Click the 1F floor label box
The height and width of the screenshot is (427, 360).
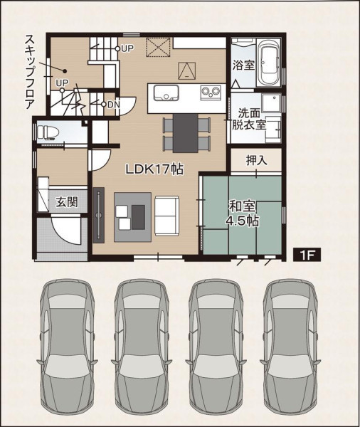(307, 255)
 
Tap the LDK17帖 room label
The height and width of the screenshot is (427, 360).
(154, 169)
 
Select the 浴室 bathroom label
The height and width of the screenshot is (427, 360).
(244, 65)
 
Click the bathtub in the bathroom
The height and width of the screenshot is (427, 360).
(268, 63)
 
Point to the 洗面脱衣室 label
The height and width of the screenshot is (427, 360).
(249, 119)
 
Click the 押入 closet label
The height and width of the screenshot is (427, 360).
(256, 160)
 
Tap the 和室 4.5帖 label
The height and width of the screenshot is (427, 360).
(243, 213)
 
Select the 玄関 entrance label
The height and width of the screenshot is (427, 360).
(67, 202)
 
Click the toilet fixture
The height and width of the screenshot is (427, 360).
(48, 132)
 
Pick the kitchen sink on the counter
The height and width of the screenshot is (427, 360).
(166, 93)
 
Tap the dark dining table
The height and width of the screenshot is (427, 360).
(186, 133)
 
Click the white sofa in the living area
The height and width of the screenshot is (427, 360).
(167, 216)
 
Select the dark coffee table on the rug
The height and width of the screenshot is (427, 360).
(138, 217)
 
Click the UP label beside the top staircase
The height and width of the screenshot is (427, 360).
(127, 48)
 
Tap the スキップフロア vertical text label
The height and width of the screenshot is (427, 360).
(30, 72)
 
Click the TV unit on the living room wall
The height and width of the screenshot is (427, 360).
(99, 215)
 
